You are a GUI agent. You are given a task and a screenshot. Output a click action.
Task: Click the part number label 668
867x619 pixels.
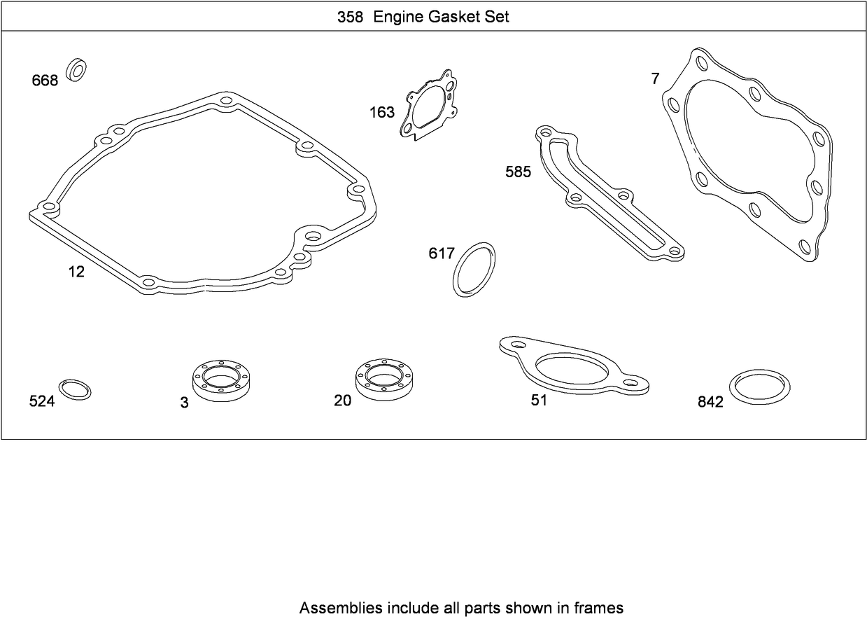(45, 81)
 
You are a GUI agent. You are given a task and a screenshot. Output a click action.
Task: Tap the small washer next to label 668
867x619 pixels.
(76, 70)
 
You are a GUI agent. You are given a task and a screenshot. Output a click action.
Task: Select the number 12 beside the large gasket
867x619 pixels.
(76, 272)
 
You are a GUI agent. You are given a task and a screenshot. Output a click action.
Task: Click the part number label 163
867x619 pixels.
(382, 112)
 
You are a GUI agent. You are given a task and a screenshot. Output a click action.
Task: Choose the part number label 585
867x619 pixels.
(519, 172)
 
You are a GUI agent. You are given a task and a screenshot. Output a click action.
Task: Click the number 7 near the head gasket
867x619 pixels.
(655, 79)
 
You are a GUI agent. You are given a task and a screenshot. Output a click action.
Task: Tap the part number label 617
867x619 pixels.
(442, 253)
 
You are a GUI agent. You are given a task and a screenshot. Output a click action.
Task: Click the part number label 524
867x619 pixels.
(42, 401)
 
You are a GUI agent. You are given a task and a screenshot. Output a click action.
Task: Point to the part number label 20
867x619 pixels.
(343, 401)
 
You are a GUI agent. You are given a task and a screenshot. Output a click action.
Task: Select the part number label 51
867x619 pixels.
(539, 401)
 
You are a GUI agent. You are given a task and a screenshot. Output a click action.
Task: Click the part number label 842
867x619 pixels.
(710, 403)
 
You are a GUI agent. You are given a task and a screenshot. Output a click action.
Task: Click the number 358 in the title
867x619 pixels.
(350, 18)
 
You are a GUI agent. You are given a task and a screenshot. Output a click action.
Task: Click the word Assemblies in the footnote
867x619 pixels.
(340, 607)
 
